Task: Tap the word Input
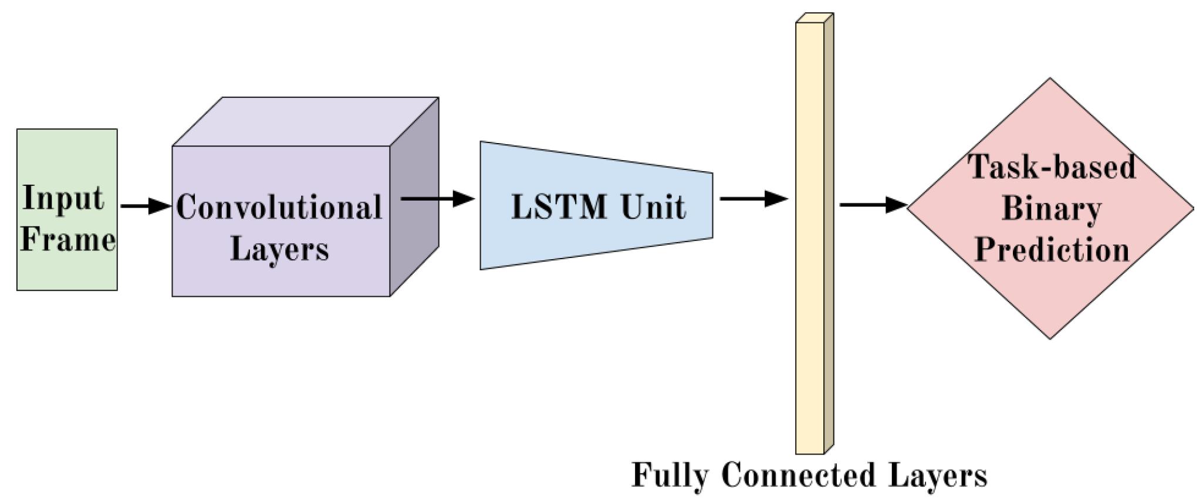click(63, 198)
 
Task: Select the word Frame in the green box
click(67, 239)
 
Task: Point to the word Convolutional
click(279, 208)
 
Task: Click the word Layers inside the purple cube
click(279, 249)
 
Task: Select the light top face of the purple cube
click(305, 121)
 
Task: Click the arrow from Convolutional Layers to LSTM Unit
click(437, 199)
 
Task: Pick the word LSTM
click(559, 207)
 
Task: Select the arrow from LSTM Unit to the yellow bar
click(753, 199)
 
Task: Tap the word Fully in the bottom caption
click(669, 476)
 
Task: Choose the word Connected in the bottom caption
click(798, 474)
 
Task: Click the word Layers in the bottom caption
click(937, 476)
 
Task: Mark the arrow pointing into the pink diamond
click(873, 205)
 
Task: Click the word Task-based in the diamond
click(1052, 167)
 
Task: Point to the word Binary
click(1051, 209)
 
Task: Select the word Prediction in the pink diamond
click(1052, 250)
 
